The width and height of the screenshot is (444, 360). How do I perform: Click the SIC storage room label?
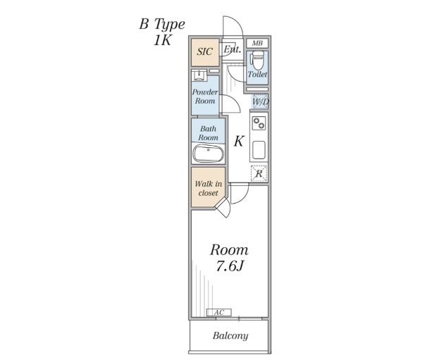click(204, 51)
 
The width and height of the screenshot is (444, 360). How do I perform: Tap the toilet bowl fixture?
click(258, 60)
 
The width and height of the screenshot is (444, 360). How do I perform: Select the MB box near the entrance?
click(257, 43)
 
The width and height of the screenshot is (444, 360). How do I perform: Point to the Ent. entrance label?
click(232, 50)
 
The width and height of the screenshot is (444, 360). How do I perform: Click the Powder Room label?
click(205, 97)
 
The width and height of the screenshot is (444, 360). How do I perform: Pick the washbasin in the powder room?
click(199, 75)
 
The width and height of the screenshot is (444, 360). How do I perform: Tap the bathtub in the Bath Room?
click(208, 154)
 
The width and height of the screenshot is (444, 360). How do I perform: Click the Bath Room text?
click(208, 133)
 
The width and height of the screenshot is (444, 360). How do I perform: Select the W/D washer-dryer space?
click(260, 101)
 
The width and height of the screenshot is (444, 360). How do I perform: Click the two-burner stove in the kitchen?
click(259, 123)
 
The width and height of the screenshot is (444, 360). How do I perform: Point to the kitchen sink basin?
click(259, 150)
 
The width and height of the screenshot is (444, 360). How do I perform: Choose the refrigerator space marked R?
click(259, 173)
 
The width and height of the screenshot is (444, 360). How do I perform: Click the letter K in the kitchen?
click(239, 141)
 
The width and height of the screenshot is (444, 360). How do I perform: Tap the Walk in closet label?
click(208, 189)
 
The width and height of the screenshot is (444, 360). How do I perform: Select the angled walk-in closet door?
click(223, 207)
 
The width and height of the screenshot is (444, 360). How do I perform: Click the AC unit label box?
click(219, 313)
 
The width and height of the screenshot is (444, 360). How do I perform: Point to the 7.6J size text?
click(230, 266)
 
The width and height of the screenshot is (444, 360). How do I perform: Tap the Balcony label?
click(230, 336)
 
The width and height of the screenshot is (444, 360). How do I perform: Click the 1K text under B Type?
click(162, 40)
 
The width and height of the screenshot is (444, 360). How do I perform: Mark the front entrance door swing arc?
click(238, 24)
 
